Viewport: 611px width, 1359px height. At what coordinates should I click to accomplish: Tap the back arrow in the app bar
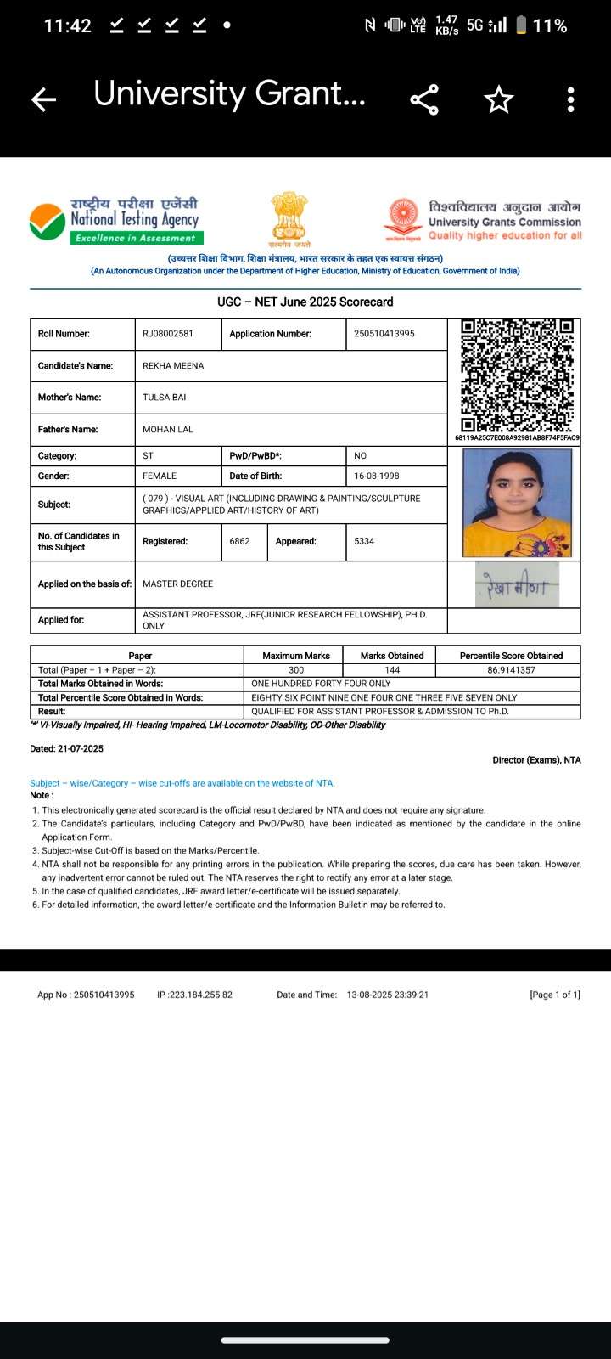click(43, 100)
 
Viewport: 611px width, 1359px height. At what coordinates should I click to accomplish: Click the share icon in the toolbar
click(424, 99)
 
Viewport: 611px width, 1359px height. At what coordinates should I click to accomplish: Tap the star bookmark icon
click(499, 99)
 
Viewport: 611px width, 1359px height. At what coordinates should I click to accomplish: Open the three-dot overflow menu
click(570, 99)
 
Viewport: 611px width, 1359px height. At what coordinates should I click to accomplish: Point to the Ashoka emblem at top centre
click(289, 217)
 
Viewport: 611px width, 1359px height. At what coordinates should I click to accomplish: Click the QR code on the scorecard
click(517, 375)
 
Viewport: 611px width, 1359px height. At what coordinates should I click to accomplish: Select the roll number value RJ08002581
click(168, 334)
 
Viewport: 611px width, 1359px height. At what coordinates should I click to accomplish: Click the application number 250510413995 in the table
click(384, 334)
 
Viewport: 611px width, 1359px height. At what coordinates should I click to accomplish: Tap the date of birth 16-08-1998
click(377, 476)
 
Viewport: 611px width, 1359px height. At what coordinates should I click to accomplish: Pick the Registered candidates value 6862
click(239, 541)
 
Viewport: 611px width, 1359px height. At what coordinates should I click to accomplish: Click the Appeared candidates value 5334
click(364, 541)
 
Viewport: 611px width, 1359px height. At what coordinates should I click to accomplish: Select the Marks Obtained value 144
click(392, 670)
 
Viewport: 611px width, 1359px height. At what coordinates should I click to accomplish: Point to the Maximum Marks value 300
click(296, 670)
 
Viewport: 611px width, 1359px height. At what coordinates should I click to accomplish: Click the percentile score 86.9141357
click(511, 670)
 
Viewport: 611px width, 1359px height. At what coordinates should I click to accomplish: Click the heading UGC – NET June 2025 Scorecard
click(305, 302)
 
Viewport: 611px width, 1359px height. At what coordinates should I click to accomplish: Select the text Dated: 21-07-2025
click(66, 749)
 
